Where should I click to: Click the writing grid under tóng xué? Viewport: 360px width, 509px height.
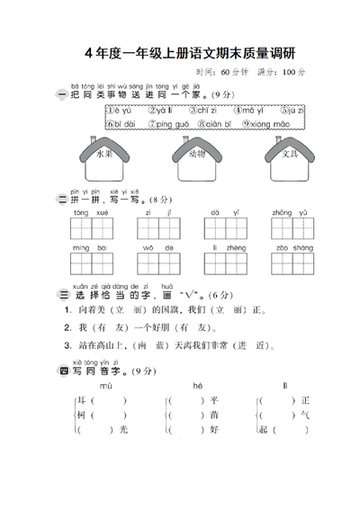pos(90,230)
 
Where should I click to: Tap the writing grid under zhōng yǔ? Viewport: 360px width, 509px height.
pos(291,230)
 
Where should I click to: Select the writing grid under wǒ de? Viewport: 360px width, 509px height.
pos(157,263)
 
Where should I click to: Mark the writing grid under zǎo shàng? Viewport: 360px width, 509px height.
pos(291,263)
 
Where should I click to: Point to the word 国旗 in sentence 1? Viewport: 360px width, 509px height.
pos(174,309)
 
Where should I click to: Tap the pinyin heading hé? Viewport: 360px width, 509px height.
pos(198,384)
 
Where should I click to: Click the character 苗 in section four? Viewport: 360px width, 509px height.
pos(214,415)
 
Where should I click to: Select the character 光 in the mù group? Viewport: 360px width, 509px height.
pos(123,430)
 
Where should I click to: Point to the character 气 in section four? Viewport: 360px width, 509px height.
pos(304,415)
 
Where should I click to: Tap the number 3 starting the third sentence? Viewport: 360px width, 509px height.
pos(67,344)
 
